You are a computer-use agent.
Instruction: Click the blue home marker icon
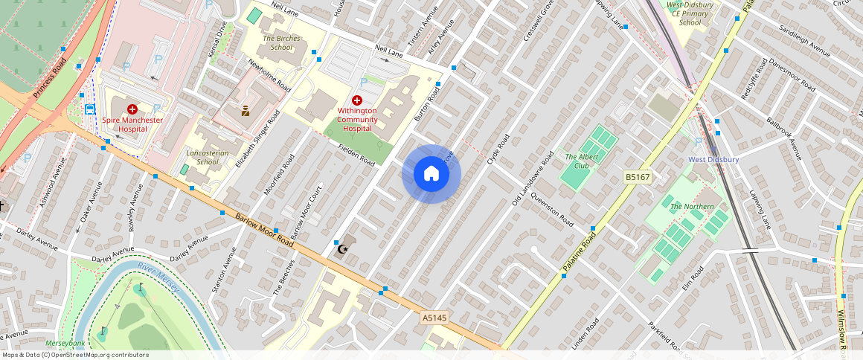tap(431, 174)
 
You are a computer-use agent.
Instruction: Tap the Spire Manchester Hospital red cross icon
tap(132, 109)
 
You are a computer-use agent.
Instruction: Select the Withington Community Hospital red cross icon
tap(357, 100)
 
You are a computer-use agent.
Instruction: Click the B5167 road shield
tap(637, 177)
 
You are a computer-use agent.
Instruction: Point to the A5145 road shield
tap(434, 318)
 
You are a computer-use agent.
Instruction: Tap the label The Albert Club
tap(577, 161)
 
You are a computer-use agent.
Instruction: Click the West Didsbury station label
tap(713, 160)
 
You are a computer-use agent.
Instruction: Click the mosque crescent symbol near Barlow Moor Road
tap(342, 248)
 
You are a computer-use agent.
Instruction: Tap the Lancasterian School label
tap(208, 157)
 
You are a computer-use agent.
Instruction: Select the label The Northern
tap(692, 206)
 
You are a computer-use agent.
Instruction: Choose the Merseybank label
tap(65, 344)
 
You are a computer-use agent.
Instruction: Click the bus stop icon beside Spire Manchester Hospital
tap(90, 109)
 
